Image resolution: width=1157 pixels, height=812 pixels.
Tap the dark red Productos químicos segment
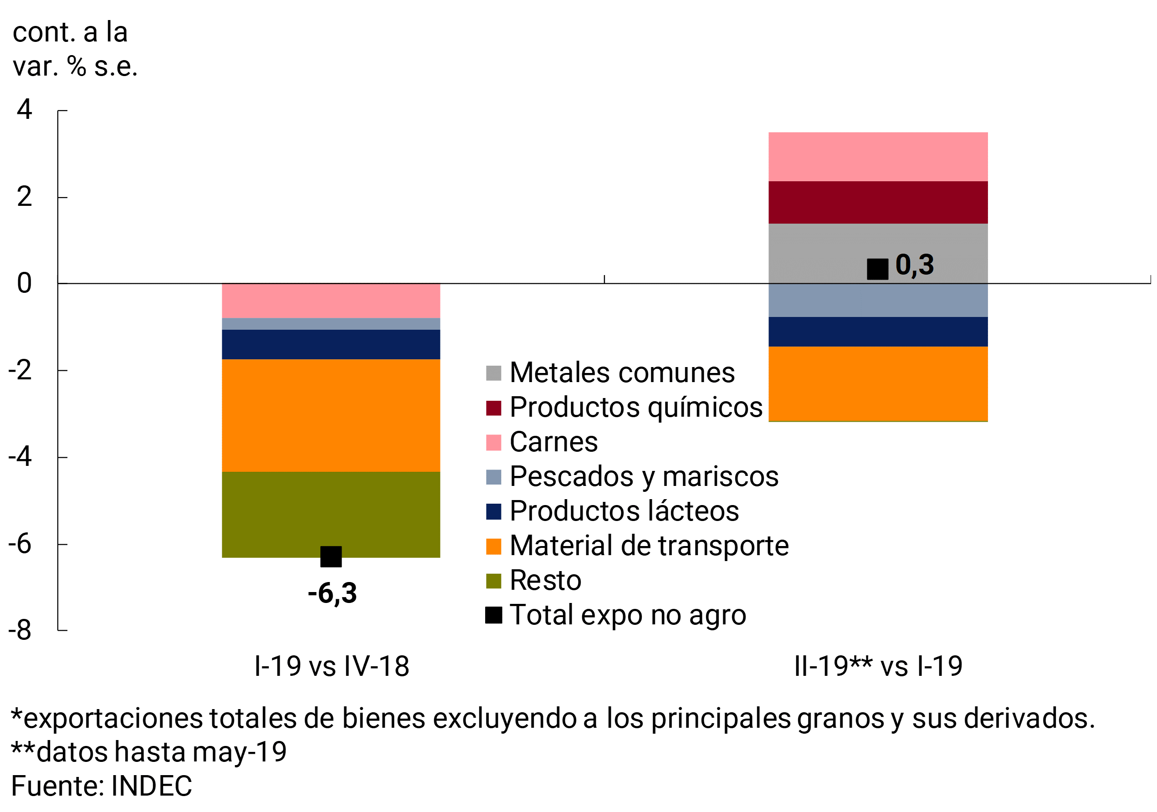pyautogui.click(x=877, y=202)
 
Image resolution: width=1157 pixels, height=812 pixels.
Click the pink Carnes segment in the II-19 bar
pyautogui.click(x=877, y=156)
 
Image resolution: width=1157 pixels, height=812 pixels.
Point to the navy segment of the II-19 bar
pyautogui.click(x=877, y=332)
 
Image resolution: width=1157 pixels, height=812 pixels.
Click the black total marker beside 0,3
pyautogui.click(x=877, y=269)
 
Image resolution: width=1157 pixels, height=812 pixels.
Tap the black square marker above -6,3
pyautogui.click(x=331, y=557)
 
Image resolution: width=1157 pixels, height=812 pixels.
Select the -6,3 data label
pyautogui.click(x=332, y=593)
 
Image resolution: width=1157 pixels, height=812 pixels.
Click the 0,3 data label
pyautogui.click(x=914, y=265)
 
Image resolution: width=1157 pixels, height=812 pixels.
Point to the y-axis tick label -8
pyautogui.click(x=20, y=630)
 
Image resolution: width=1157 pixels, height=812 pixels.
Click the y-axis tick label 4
pyautogui.click(x=24, y=109)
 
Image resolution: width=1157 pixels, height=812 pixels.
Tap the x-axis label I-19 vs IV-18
pyautogui.click(x=332, y=666)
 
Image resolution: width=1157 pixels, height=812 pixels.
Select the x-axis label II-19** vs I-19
pyautogui.click(x=878, y=666)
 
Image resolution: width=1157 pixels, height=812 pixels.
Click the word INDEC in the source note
pyautogui.click(x=151, y=786)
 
